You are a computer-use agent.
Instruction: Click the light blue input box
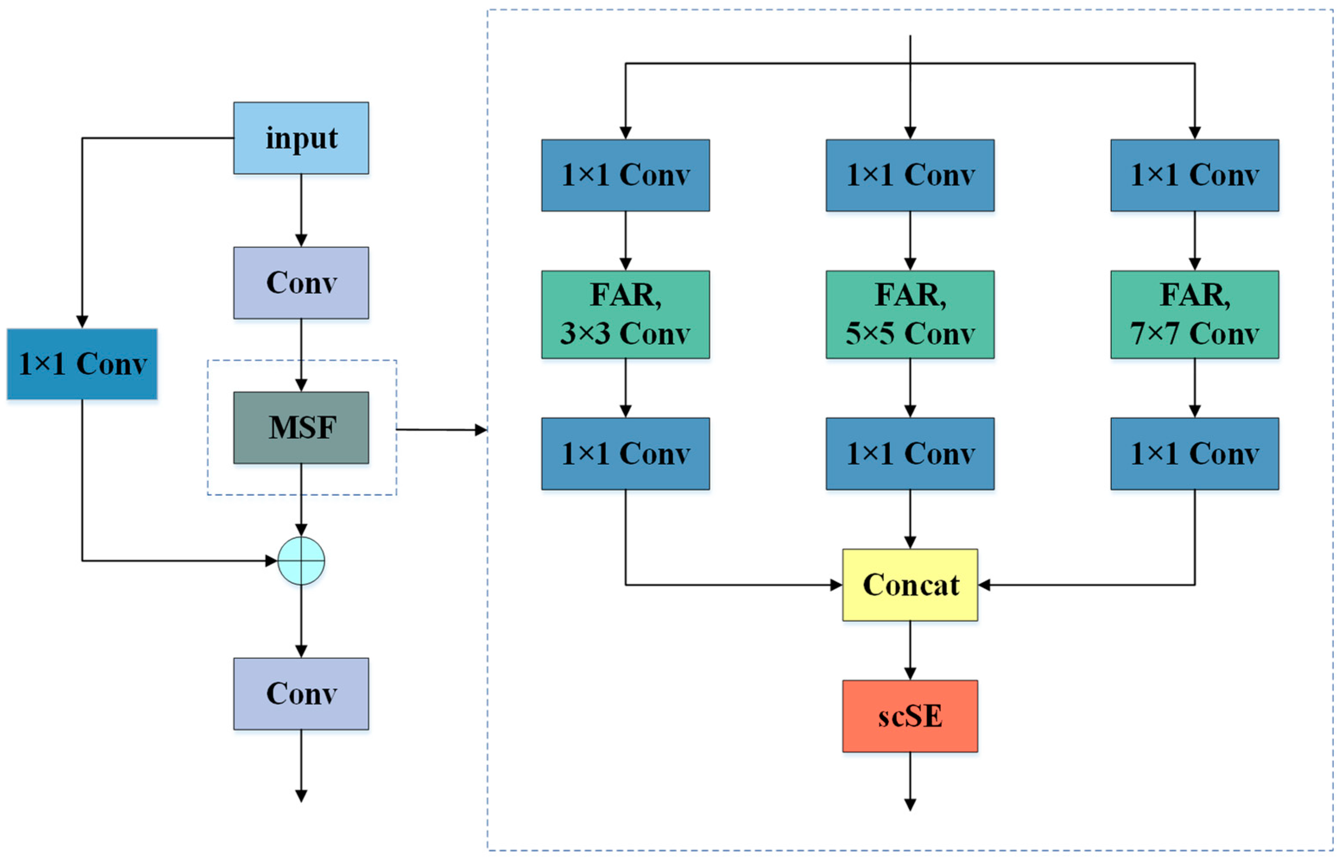(301, 138)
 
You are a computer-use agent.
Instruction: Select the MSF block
(301, 428)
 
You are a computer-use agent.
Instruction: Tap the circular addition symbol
(301, 561)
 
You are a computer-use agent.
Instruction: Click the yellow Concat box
(910, 585)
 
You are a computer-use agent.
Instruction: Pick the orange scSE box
(910, 716)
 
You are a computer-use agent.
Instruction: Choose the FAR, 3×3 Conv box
(625, 315)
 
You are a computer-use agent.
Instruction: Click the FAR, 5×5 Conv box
(910, 315)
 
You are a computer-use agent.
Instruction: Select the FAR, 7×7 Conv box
(1194, 315)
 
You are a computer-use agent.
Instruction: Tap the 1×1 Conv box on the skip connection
(82, 364)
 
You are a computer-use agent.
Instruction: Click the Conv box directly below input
(301, 283)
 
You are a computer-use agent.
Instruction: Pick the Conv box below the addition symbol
(301, 693)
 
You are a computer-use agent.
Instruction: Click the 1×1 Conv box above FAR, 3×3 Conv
(625, 175)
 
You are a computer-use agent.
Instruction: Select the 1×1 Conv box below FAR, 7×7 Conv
(1194, 454)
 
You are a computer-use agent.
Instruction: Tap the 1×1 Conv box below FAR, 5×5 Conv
(910, 454)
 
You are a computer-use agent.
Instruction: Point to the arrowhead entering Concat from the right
(985, 585)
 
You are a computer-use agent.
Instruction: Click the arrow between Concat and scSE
(910, 651)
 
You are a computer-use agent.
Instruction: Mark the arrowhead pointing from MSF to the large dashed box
(480, 430)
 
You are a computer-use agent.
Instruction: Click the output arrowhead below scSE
(910, 805)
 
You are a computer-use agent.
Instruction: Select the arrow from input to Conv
(301, 210)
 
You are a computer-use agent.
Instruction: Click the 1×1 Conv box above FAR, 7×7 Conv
(1194, 175)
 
